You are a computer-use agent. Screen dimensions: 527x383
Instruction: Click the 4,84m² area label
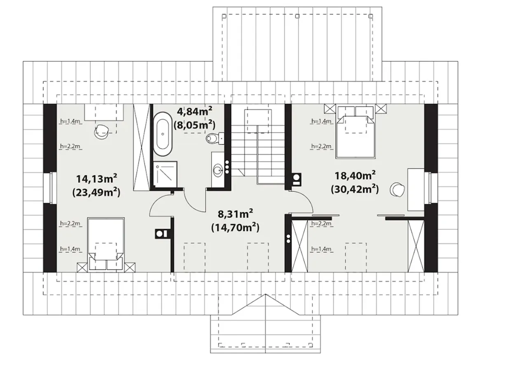(x=194, y=111)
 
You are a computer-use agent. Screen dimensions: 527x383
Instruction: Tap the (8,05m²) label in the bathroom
(x=194, y=125)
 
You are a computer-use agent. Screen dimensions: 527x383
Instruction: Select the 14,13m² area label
(x=96, y=179)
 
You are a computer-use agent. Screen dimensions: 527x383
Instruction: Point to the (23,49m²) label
(x=96, y=193)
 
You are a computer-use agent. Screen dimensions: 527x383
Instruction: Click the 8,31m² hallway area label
(x=235, y=214)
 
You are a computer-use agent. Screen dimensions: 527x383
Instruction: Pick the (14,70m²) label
(x=235, y=227)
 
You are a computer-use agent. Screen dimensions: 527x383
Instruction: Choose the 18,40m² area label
(x=355, y=175)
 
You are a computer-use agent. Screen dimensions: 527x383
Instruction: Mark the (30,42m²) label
(x=355, y=189)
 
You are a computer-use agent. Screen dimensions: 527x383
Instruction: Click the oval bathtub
(x=163, y=134)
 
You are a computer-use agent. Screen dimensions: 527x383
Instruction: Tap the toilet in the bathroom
(x=215, y=139)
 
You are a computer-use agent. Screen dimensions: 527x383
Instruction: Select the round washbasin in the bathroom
(x=218, y=170)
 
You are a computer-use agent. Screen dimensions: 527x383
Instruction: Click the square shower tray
(x=165, y=174)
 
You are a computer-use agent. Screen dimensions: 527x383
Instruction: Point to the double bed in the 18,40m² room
(x=355, y=132)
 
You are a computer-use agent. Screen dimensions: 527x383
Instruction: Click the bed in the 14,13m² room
(x=106, y=244)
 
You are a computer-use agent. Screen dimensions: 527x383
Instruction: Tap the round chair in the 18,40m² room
(x=397, y=189)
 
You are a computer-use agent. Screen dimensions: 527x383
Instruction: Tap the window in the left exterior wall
(x=53, y=188)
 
